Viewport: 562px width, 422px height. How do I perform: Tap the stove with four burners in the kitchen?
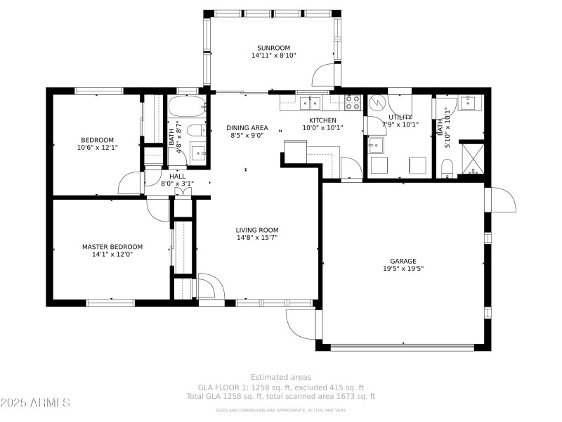pyautogui.click(x=353, y=103)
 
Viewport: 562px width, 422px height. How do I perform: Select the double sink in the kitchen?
pyautogui.click(x=310, y=103)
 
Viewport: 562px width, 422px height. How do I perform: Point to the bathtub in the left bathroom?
pyautogui.click(x=187, y=106)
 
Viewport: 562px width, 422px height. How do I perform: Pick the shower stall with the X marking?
pyautogui.click(x=471, y=157)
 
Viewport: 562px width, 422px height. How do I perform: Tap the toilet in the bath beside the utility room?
pyautogui.click(x=446, y=167)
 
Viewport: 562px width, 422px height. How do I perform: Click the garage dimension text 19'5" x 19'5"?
pyautogui.click(x=403, y=268)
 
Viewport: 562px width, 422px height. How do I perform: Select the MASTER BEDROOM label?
pyautogui.click(x=112, y=247)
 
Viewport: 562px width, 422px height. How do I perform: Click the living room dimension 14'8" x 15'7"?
pyautogui.click(x=256, y=237)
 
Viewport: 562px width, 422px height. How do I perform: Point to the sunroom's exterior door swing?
pyautogui.click(x=324, y=75)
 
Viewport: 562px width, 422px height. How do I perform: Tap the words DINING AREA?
pyautogui.click(x=247, y=128)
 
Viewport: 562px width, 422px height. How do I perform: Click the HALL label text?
pyautogui.click(x=177, y=176)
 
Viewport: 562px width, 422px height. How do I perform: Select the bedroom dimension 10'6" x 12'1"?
pyautogui.click(x=97, y=148)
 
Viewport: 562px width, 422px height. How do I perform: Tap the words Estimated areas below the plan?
pyautogui.click(x=280, y=378)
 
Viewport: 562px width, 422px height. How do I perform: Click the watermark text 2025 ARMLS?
pyautogui.click(x=35, y=403)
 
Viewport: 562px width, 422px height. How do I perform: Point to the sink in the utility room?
pyautogui.click(x=376, y=145)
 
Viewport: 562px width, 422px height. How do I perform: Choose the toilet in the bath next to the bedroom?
pyautogui.click(x=203, y=130)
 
